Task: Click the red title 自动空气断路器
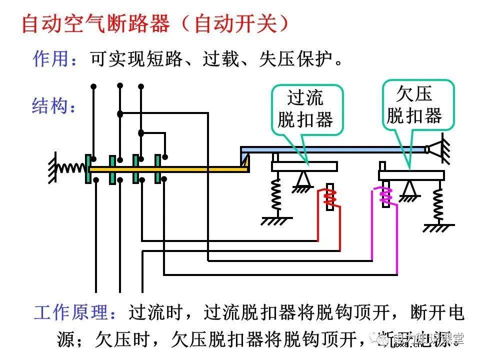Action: click(x=95, y=24)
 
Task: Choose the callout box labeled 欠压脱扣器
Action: click(x=418, y=104)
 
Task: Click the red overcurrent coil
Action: click(x=328, y=198)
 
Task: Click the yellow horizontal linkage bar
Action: click(x=170, y=169)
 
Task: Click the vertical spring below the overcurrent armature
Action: click(x=275, y=195)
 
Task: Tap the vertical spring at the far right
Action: click(x=438, y=202)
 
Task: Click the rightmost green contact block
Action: click(x=158, y=169)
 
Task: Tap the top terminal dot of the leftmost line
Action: click(x=93, y=86)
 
